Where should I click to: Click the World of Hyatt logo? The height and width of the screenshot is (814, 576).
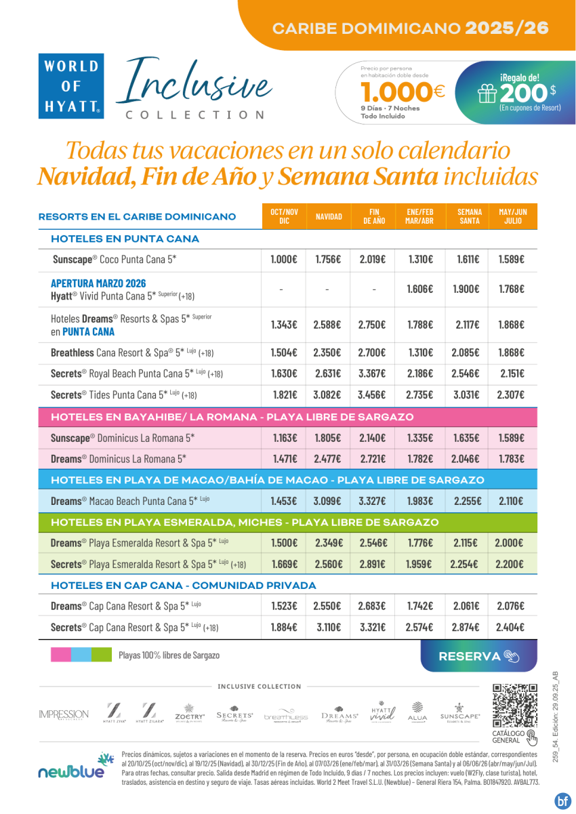coord(71,85)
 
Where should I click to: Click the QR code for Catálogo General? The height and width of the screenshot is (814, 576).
coord(515,706)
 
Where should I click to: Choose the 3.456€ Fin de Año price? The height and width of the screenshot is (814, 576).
coord(372,394)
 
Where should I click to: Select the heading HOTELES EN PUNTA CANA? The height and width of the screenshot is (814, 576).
coord(125,239)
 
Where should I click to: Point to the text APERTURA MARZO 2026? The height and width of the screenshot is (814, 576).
coord(98,283)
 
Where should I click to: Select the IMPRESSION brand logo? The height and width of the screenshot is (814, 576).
coord(64,714)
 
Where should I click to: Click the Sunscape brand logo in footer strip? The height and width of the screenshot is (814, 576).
coord(459,712)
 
